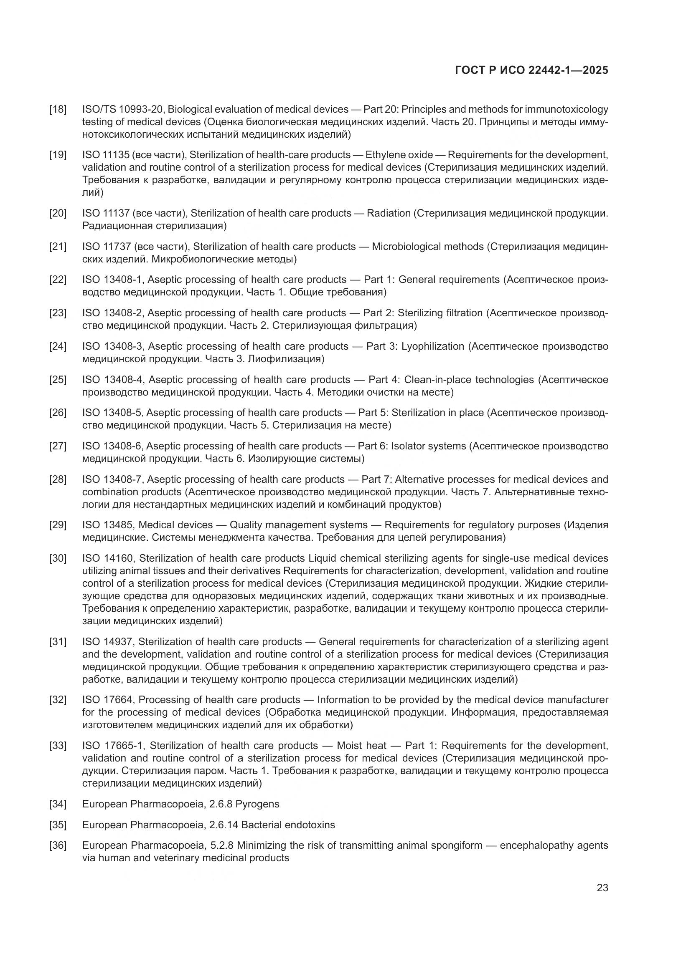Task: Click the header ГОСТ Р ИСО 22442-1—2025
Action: pyautogui.click(x=531, y=70)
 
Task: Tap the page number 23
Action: pyautogui.click(x=602, y=888)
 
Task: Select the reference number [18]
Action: pyautogui.click(x=58, y=109)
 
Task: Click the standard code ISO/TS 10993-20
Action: pyautogui.click(x=122, y=109)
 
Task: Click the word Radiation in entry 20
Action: pyautogui.click(x=389, y=213)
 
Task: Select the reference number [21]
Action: pyautogui.click(x=58, y=247)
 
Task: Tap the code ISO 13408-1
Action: pyautogui.click(x=113, y=280)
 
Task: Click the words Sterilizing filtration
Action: pyautogui.click(x=440, y=313)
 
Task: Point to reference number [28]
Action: pyautogui.click(x=58, y=479)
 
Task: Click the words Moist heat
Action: pyautogui.click(x=362, y=746)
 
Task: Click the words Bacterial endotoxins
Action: pyautogui.click(x=288, y=825)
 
